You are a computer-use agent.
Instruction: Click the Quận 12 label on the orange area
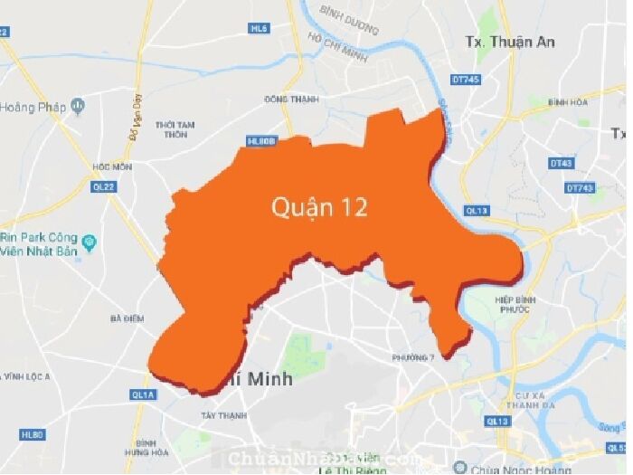(x=319, y=207)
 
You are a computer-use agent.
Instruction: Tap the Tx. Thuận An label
(x=510, y=42)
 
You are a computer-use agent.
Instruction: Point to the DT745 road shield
(x=466, y=80)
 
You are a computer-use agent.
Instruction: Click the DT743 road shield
(x=579, y=187)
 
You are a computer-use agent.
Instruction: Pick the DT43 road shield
(x=561, y=163)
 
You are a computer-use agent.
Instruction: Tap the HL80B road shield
(x=260, y=141)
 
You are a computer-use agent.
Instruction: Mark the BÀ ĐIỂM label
(x=127, y=318)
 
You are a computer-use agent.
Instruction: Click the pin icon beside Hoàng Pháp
(x=79, y=106)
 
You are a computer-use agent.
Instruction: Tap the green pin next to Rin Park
(x=89, y=242)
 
